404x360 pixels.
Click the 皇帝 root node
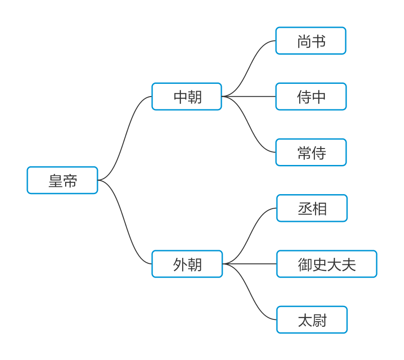tap(62, 180)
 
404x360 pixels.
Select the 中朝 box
tap(187, 96)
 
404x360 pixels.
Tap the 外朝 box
tap(187, 264)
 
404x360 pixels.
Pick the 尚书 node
tap(311, 41)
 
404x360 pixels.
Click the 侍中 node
tap(311, 96)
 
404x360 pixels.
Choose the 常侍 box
tap(311, 152)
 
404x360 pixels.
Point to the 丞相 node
tap(312, 208)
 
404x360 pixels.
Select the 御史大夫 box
tap(327, 264)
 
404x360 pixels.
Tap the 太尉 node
tap(312, 320)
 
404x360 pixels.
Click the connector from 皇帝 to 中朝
tap(125, 138)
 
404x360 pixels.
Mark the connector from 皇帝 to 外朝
tap(125, 222)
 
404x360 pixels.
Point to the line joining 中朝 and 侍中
tap(249, 96)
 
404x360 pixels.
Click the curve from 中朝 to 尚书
tap(249, 68)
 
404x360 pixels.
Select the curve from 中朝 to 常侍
tap(249, 124)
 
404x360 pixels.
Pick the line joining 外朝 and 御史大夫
tap(250, 264)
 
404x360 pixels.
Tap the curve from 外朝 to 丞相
tap(250, 236)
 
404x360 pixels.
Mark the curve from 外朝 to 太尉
tap(250, 292)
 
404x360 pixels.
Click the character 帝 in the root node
tap(70, 180)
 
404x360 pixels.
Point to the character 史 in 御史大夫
tap(319, 264)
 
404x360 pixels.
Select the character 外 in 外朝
tap(180, 264)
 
